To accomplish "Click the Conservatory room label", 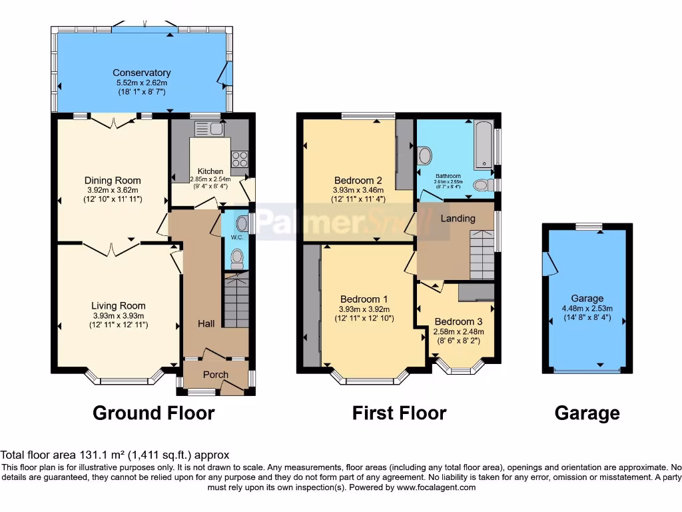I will coord(141,73).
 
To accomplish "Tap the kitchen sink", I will coord(208,128).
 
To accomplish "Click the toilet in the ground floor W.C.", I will coord(236,258).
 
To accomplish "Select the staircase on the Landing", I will coord(482,254).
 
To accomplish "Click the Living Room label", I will coord(119,306).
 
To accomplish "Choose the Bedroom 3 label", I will coord(458,321).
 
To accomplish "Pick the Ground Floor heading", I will coord(153,413).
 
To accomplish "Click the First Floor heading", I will coord(399,413).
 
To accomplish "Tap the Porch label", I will coord(215,374).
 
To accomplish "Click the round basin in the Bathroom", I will coord(424,155).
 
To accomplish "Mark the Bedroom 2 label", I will coord(358,180).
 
